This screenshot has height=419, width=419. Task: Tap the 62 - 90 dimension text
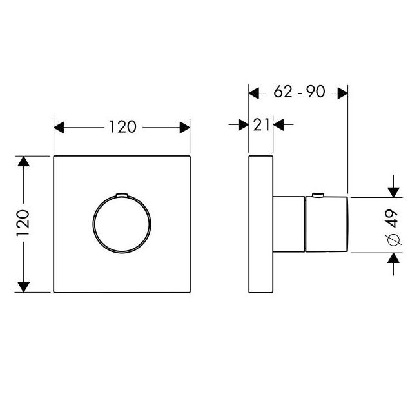coord(299,92)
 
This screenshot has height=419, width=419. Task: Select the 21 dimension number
coord(261,124)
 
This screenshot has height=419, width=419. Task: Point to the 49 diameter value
coord(393,219)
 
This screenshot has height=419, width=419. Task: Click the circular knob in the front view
coord(122,224)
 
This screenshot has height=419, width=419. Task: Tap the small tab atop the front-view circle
coord(122,195)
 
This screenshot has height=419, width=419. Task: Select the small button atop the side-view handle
coord(318,195)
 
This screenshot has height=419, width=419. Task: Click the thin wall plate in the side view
coord(261,224)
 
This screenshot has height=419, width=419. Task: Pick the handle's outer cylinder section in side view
coord(327,224)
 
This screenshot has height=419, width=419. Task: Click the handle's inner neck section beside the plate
coord(289,224)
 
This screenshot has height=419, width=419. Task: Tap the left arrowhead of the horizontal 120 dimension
coord(59,128)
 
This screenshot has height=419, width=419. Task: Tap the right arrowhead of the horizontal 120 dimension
coord(184,128)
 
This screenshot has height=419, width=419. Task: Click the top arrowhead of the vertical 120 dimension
coord(23,161)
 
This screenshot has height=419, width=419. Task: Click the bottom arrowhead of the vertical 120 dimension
coord(23,287)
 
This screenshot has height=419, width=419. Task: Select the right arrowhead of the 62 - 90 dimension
coord(342,93)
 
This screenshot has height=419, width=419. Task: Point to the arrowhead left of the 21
coord(244,125)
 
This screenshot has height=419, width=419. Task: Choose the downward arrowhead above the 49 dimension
coord(394,192)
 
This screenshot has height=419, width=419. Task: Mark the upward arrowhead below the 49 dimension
coord(394,258)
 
